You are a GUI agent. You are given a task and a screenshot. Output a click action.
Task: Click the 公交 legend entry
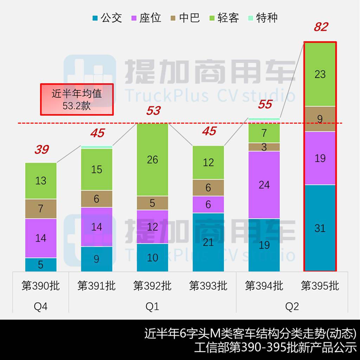click(x=107, y=18)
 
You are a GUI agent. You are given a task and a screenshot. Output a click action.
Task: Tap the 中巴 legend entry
click(x=185, y=18)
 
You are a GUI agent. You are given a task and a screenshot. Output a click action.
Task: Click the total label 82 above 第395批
click(x=321, y=27)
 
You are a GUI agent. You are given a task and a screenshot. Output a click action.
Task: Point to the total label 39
click(x=41, y=150)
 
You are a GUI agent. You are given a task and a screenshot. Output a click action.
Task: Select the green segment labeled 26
click(x=153, y=160)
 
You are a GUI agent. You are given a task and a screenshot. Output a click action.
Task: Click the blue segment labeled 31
click(x=320, y=228)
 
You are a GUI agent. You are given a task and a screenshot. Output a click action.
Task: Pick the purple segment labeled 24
click(x=264, y=185)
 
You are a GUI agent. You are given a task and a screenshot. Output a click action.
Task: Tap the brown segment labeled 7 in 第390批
click(x=41, y=208)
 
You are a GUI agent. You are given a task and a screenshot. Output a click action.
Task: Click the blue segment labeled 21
click(x=208, y=242)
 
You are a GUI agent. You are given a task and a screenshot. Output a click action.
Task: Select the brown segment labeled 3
click(x=264, y=147)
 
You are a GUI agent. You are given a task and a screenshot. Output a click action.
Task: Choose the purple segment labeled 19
click(x=320, y=158)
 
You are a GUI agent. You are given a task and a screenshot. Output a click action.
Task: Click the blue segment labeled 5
click(x=41, y=264)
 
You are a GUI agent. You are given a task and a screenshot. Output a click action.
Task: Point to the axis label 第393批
click(x=208, y=285)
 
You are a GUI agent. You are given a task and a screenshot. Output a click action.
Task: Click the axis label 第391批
click(x=97, y=285)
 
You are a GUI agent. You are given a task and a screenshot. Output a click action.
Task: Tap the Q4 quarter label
click(x=41, y=307)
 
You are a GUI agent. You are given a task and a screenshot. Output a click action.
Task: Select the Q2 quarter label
click(x=292, y=307)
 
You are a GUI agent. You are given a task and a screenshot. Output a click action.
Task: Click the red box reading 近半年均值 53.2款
click(x=77, y=99)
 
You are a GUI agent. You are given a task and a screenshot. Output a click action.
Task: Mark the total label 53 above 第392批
click(x=153, y=111)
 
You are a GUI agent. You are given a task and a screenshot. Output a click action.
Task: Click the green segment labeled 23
click(x=320, y=74)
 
